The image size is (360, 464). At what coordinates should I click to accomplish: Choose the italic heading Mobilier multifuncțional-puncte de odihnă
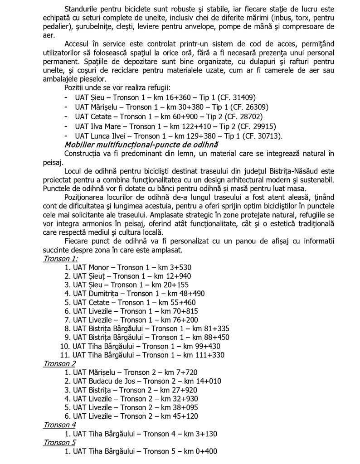point(141,145)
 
